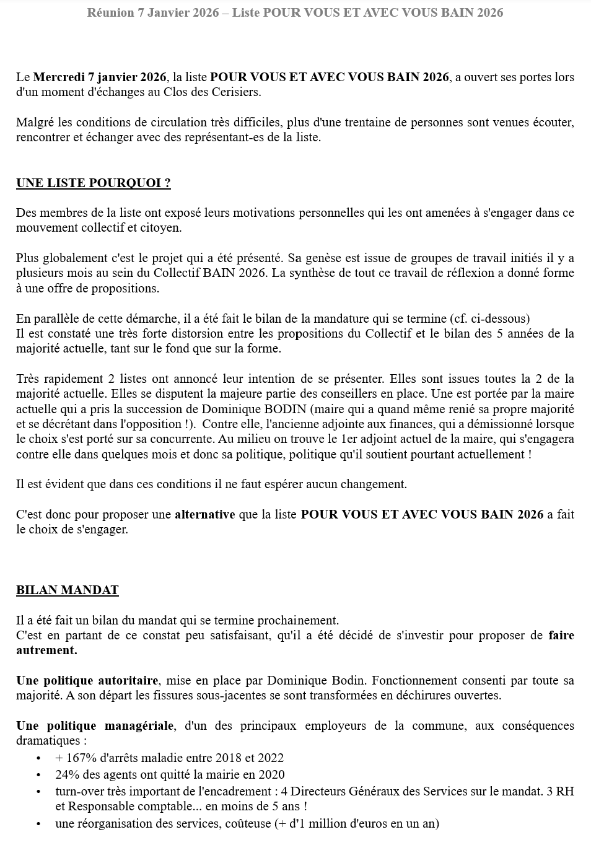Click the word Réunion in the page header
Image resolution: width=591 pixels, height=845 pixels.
point(110,12)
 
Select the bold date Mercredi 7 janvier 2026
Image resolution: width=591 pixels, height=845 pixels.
point(100,77)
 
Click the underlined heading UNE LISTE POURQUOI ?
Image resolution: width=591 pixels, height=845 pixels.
point(93,183)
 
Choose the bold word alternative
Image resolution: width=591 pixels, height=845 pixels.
point(204,514)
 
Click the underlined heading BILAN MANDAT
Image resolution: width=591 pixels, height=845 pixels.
point(67,590)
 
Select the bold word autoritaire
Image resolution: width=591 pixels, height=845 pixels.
point(131,680)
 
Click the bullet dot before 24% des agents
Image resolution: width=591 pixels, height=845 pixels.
point(38,774)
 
